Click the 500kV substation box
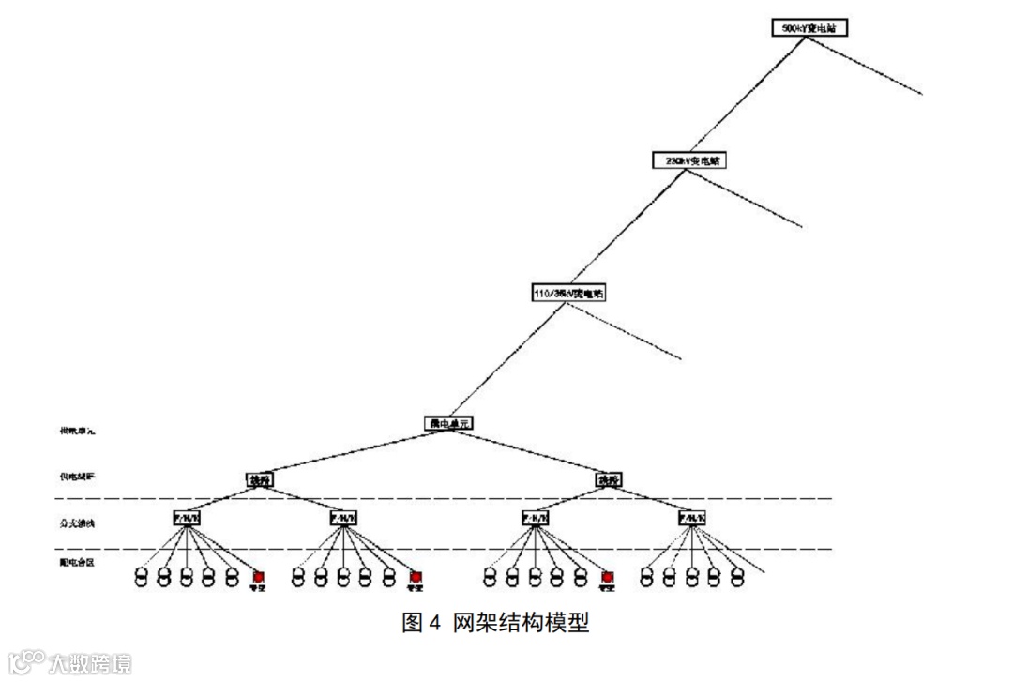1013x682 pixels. tap(809, 28)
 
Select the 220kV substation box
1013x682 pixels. tap(689, 160)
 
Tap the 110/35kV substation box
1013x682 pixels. tap(568, 294)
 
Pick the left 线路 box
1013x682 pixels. tap(260, 479)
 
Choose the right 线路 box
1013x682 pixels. tap(608, 479)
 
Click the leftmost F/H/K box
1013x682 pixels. tap(187, 517)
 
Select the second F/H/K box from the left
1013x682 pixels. tap(344, 517)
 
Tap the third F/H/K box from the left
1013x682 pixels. tap(536, 517)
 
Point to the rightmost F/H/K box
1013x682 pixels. tap(692, 517)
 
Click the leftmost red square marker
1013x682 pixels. tap(258, 577)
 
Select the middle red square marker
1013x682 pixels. tap(416, 577)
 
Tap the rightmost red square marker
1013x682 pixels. tap(607, 577)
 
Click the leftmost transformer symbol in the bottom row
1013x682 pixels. tap(142, 576)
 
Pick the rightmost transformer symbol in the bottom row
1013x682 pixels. tap(737, 576)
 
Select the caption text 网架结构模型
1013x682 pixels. tap(522, 623)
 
